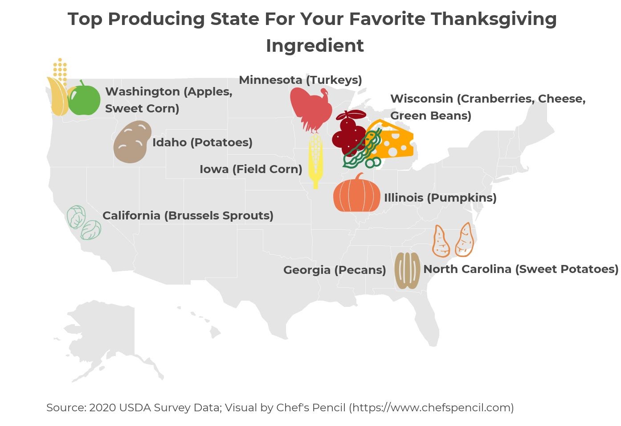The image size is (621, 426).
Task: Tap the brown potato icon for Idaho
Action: click(132, 142)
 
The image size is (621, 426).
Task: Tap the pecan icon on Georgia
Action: click(407, 270)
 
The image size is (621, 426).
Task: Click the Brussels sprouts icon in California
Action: click(84, 223)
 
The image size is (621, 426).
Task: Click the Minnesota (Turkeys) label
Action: click(300, 80)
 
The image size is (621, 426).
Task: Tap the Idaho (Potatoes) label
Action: click(202, 142)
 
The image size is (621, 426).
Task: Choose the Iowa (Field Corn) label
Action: click(250, 169)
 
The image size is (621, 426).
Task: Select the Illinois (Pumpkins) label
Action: click(440, 198)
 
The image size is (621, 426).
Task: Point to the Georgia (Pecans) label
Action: click(335, 270)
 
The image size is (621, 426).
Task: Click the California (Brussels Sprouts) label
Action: click(188, 215)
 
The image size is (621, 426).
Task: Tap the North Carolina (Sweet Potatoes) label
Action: click(520, 269)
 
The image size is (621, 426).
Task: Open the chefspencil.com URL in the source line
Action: click(431, 407)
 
